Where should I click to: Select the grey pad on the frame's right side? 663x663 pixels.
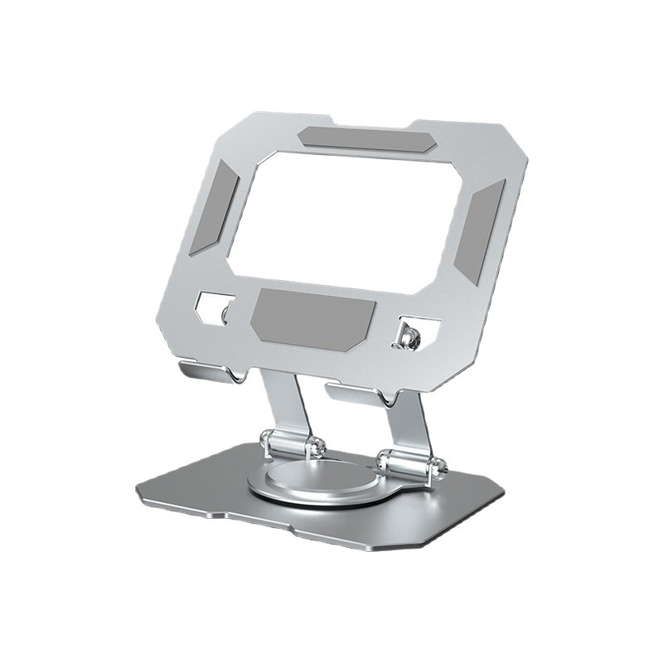(x=480, y=230)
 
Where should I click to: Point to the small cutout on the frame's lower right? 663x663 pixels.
(x=411, y=332)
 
